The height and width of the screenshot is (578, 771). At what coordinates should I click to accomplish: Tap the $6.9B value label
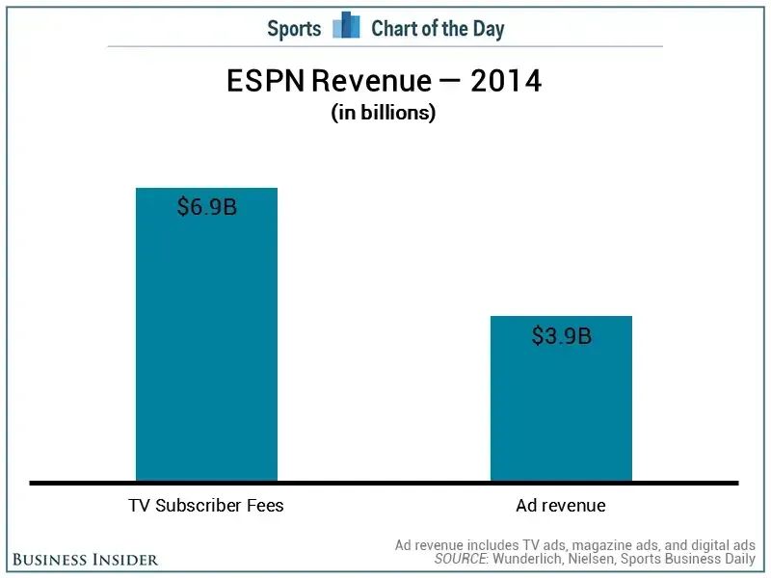(206, 207)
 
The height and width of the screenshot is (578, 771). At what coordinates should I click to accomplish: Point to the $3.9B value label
(561, 336)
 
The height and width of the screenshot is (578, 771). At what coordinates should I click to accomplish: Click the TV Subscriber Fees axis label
(206, 505)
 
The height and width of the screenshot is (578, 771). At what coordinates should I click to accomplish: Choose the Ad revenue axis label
(561, 505)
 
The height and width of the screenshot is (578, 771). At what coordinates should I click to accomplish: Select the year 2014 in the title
(506, 82)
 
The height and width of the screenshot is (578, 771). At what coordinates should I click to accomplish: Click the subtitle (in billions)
(384, 113)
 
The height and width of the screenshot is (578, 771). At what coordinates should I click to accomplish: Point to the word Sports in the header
(294, 28)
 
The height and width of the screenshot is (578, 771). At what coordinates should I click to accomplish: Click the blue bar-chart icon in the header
(346, 26)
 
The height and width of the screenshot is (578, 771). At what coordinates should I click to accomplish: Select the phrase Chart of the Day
(438, 28)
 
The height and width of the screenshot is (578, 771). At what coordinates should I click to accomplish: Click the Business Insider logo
(86, 559)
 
